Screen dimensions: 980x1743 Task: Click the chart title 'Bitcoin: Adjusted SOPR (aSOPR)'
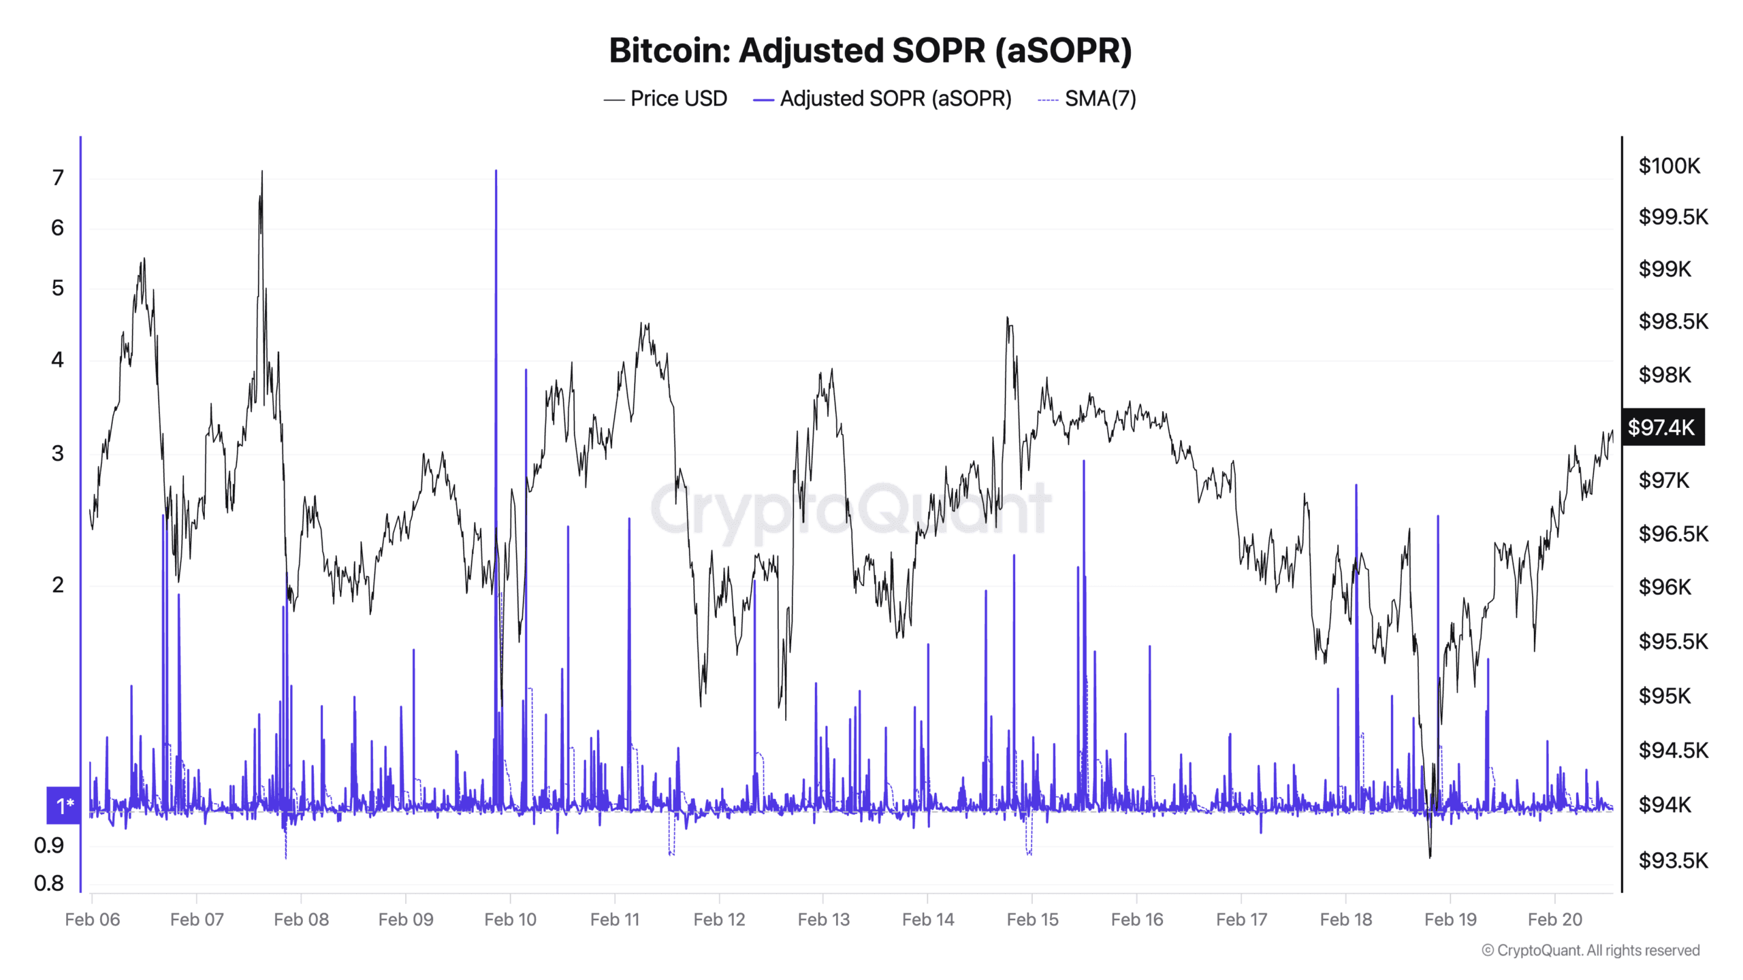coord(870,50)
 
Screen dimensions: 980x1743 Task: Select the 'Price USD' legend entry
coord(665,99)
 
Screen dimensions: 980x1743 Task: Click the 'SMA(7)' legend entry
coord(1087,99)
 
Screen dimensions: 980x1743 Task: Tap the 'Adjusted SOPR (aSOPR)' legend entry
coord(882,99)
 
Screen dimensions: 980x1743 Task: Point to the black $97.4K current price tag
coord(1662,427)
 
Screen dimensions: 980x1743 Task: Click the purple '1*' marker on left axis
coord(64,806)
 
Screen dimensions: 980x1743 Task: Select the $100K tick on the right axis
coord(1669,165)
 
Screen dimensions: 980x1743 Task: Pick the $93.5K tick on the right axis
coord(1673,860)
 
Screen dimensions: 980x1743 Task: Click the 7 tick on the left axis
coord(58,178)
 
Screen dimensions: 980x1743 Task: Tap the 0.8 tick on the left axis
coord(49,883)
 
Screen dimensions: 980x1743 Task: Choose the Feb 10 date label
coord(510,919)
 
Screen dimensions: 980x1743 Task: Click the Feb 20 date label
coord(1554,919)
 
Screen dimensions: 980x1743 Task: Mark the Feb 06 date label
coord(93,919)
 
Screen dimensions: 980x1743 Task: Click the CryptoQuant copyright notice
coord(1590,950)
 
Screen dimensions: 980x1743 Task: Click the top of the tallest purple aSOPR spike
coord(496,171)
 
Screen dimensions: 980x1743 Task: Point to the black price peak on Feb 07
coord(262,173)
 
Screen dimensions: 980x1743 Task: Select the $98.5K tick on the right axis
coord(1673,321)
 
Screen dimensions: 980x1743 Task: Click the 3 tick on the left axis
coord(58,453)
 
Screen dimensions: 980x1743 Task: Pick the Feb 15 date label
coord(1032,919)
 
